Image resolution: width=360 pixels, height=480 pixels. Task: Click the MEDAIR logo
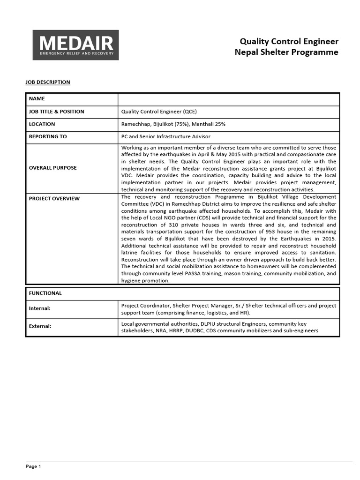point(75,45)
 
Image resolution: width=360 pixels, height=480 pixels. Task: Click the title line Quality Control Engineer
point(289,41)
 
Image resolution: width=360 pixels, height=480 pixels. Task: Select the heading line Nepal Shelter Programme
point(286,52)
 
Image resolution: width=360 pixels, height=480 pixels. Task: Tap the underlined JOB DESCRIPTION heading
point(48,82)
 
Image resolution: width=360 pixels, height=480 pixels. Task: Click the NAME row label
point(37,99)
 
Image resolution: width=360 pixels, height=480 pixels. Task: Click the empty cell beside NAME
point(228,99)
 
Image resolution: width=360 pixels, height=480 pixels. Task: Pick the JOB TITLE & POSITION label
point(56,112)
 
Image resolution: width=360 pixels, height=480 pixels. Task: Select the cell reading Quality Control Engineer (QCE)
point(159,112)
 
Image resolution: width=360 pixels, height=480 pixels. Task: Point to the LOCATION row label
point(42,124)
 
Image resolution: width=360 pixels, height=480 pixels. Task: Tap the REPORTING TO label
point(48,137)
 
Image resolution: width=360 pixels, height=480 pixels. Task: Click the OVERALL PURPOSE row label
point(52,167)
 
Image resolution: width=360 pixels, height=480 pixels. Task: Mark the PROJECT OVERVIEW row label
point(54,198)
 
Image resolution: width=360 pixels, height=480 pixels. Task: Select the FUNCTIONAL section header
point(45,293)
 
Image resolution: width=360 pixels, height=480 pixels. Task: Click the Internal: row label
point(40,308)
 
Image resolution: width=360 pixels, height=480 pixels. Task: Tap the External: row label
point(40,326)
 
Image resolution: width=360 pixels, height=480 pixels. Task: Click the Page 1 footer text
point(33,466)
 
